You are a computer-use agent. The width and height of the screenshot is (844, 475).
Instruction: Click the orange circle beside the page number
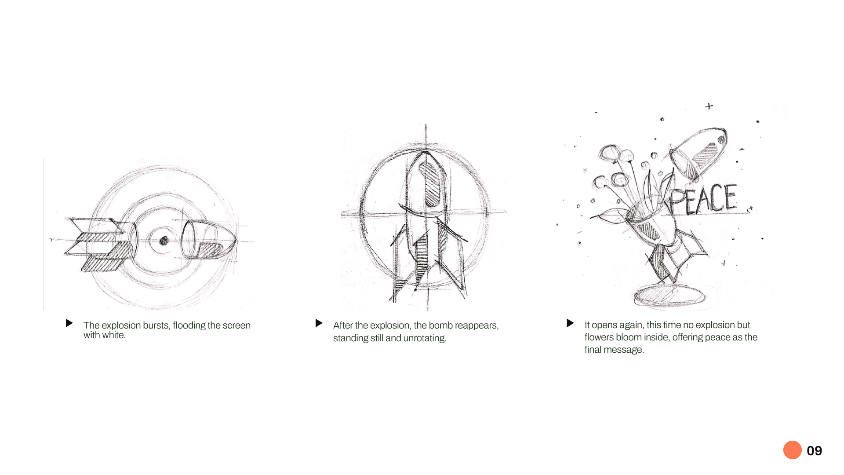[792, 450]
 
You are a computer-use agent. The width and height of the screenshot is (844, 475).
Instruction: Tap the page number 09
[815, 451]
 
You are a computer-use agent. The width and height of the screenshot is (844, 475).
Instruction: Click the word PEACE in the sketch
[703, 199]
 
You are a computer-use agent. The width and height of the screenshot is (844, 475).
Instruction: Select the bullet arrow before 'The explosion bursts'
[69, 323]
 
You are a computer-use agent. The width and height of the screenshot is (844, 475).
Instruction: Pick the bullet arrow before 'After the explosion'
[319, 323]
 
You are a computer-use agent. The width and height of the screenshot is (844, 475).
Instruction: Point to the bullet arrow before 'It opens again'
[571, 323]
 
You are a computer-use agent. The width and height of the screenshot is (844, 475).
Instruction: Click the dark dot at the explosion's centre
[164, 241]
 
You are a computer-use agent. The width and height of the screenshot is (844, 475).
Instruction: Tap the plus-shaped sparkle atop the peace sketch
[709, 106]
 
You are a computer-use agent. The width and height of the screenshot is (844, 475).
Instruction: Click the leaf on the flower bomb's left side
[609, 216]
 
